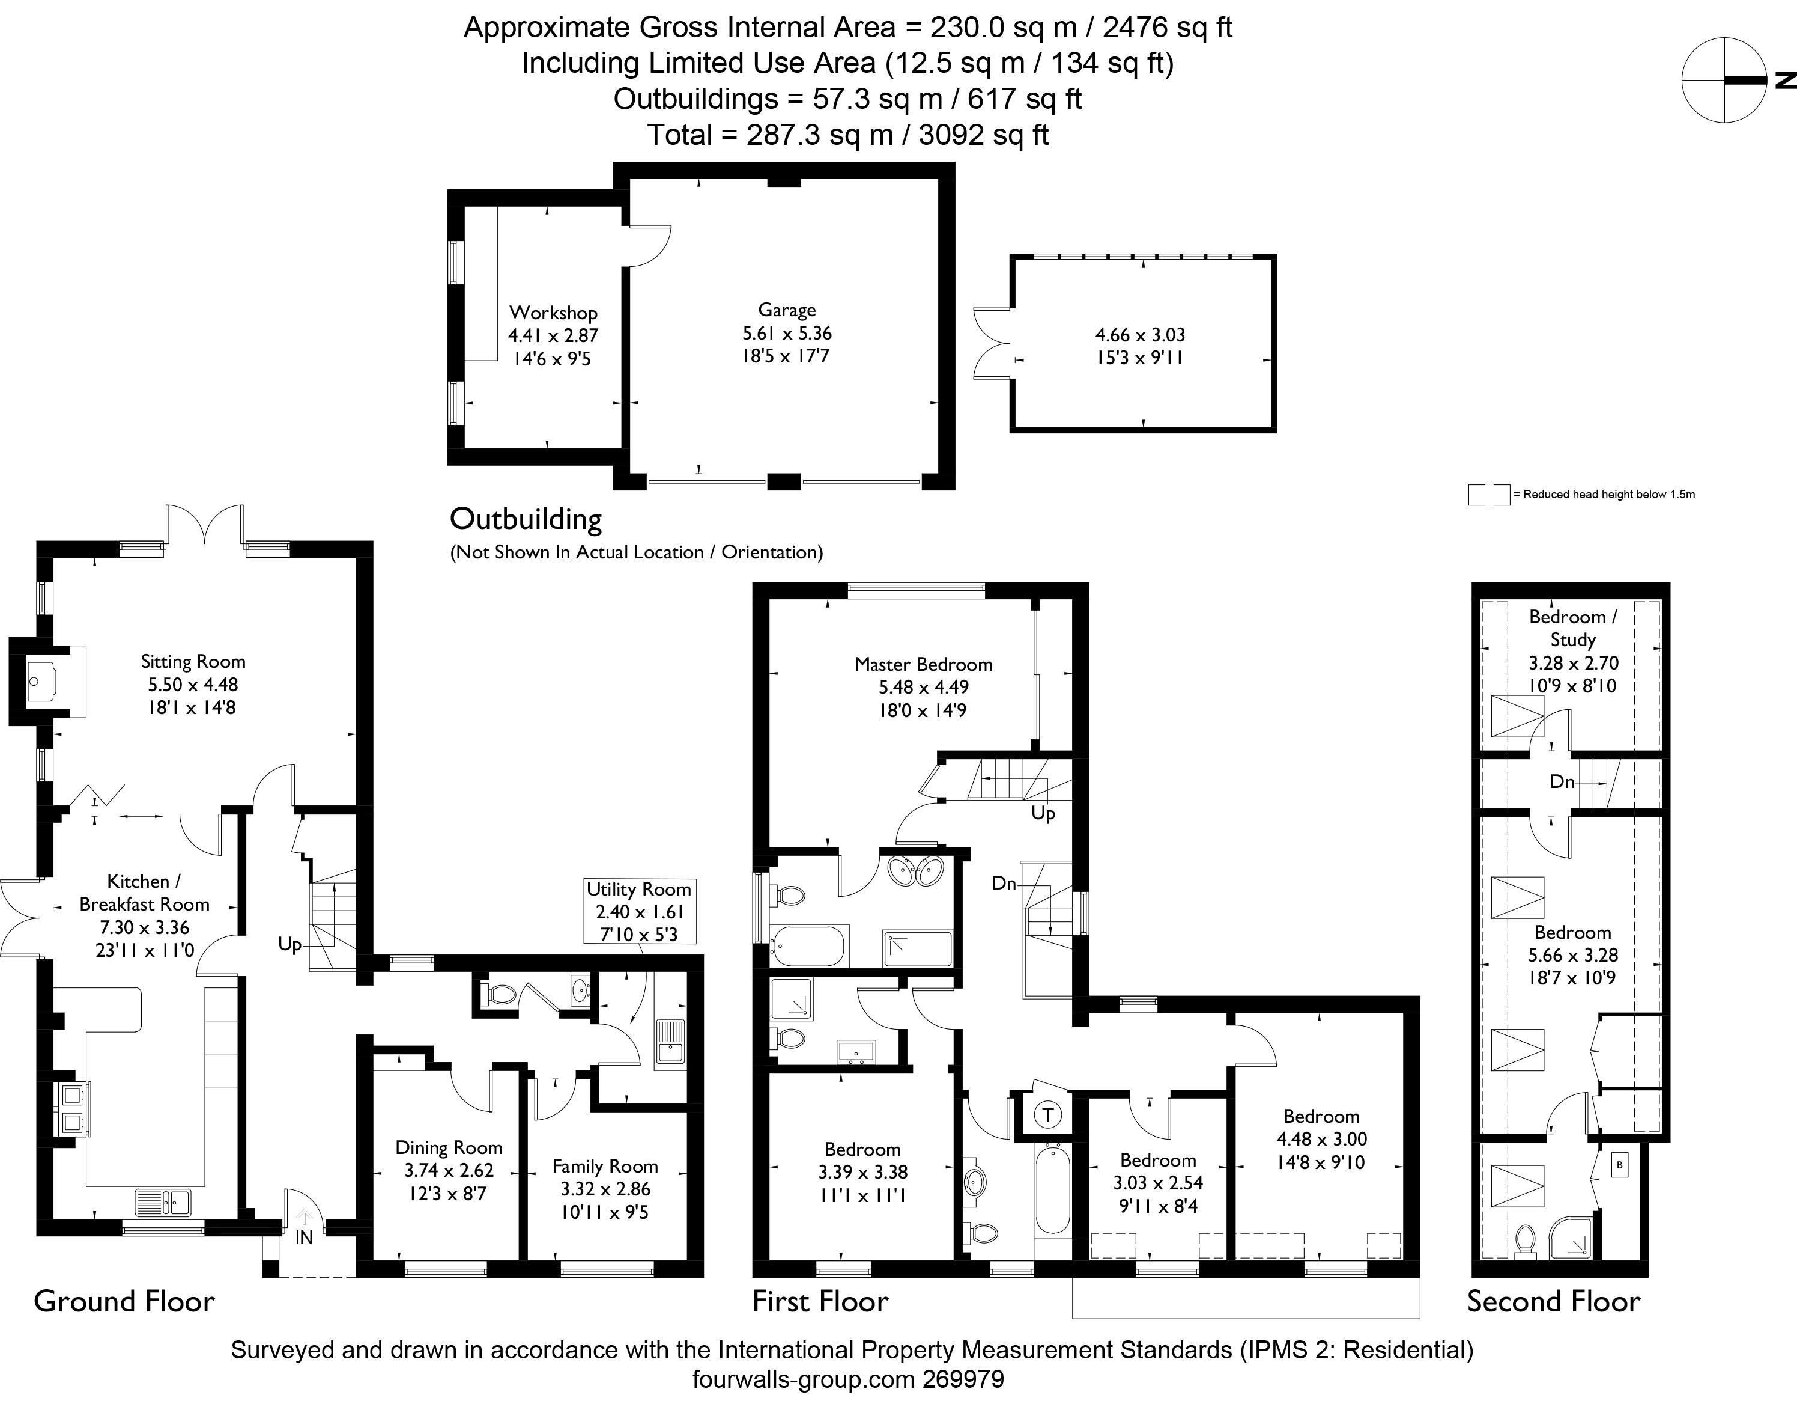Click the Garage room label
click(x=787, y=310)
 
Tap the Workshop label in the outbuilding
click(x=553, y=313)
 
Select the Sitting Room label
click(x=193, y=662)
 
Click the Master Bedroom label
click(x=923, y=664)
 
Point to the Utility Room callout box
click(x=639, y=911)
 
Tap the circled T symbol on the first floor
click(x=1047, y=1116)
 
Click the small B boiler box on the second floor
click(x=1619, y=1165)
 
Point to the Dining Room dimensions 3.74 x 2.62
click(x=449, y=1171)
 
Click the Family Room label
click(x=605, y=1167)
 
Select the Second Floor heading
click(x=1553, y=1301)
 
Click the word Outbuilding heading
click(x=526, y=519)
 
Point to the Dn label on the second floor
click(x=1562, y=781)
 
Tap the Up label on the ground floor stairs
click(x=289, y=944)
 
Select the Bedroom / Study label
click(x=1572, y=628)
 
